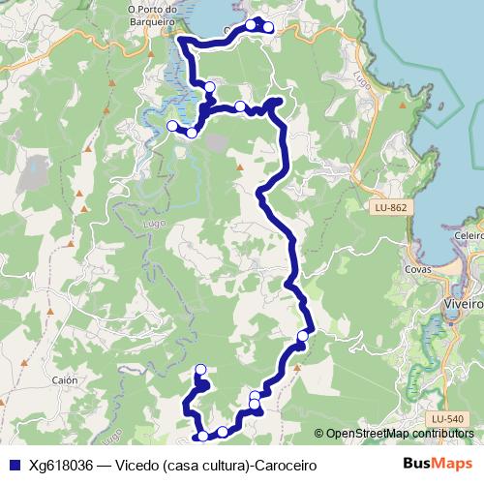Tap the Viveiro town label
tap(465, 302)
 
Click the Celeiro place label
tap(467, 235)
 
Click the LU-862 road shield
tap(391, 208)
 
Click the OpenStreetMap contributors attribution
tap(399, 435)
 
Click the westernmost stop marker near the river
tap(172, 126)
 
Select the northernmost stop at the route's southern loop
tap(201, 369)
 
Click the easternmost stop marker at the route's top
tap(268, 27)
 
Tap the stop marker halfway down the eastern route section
tap(302, 336)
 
